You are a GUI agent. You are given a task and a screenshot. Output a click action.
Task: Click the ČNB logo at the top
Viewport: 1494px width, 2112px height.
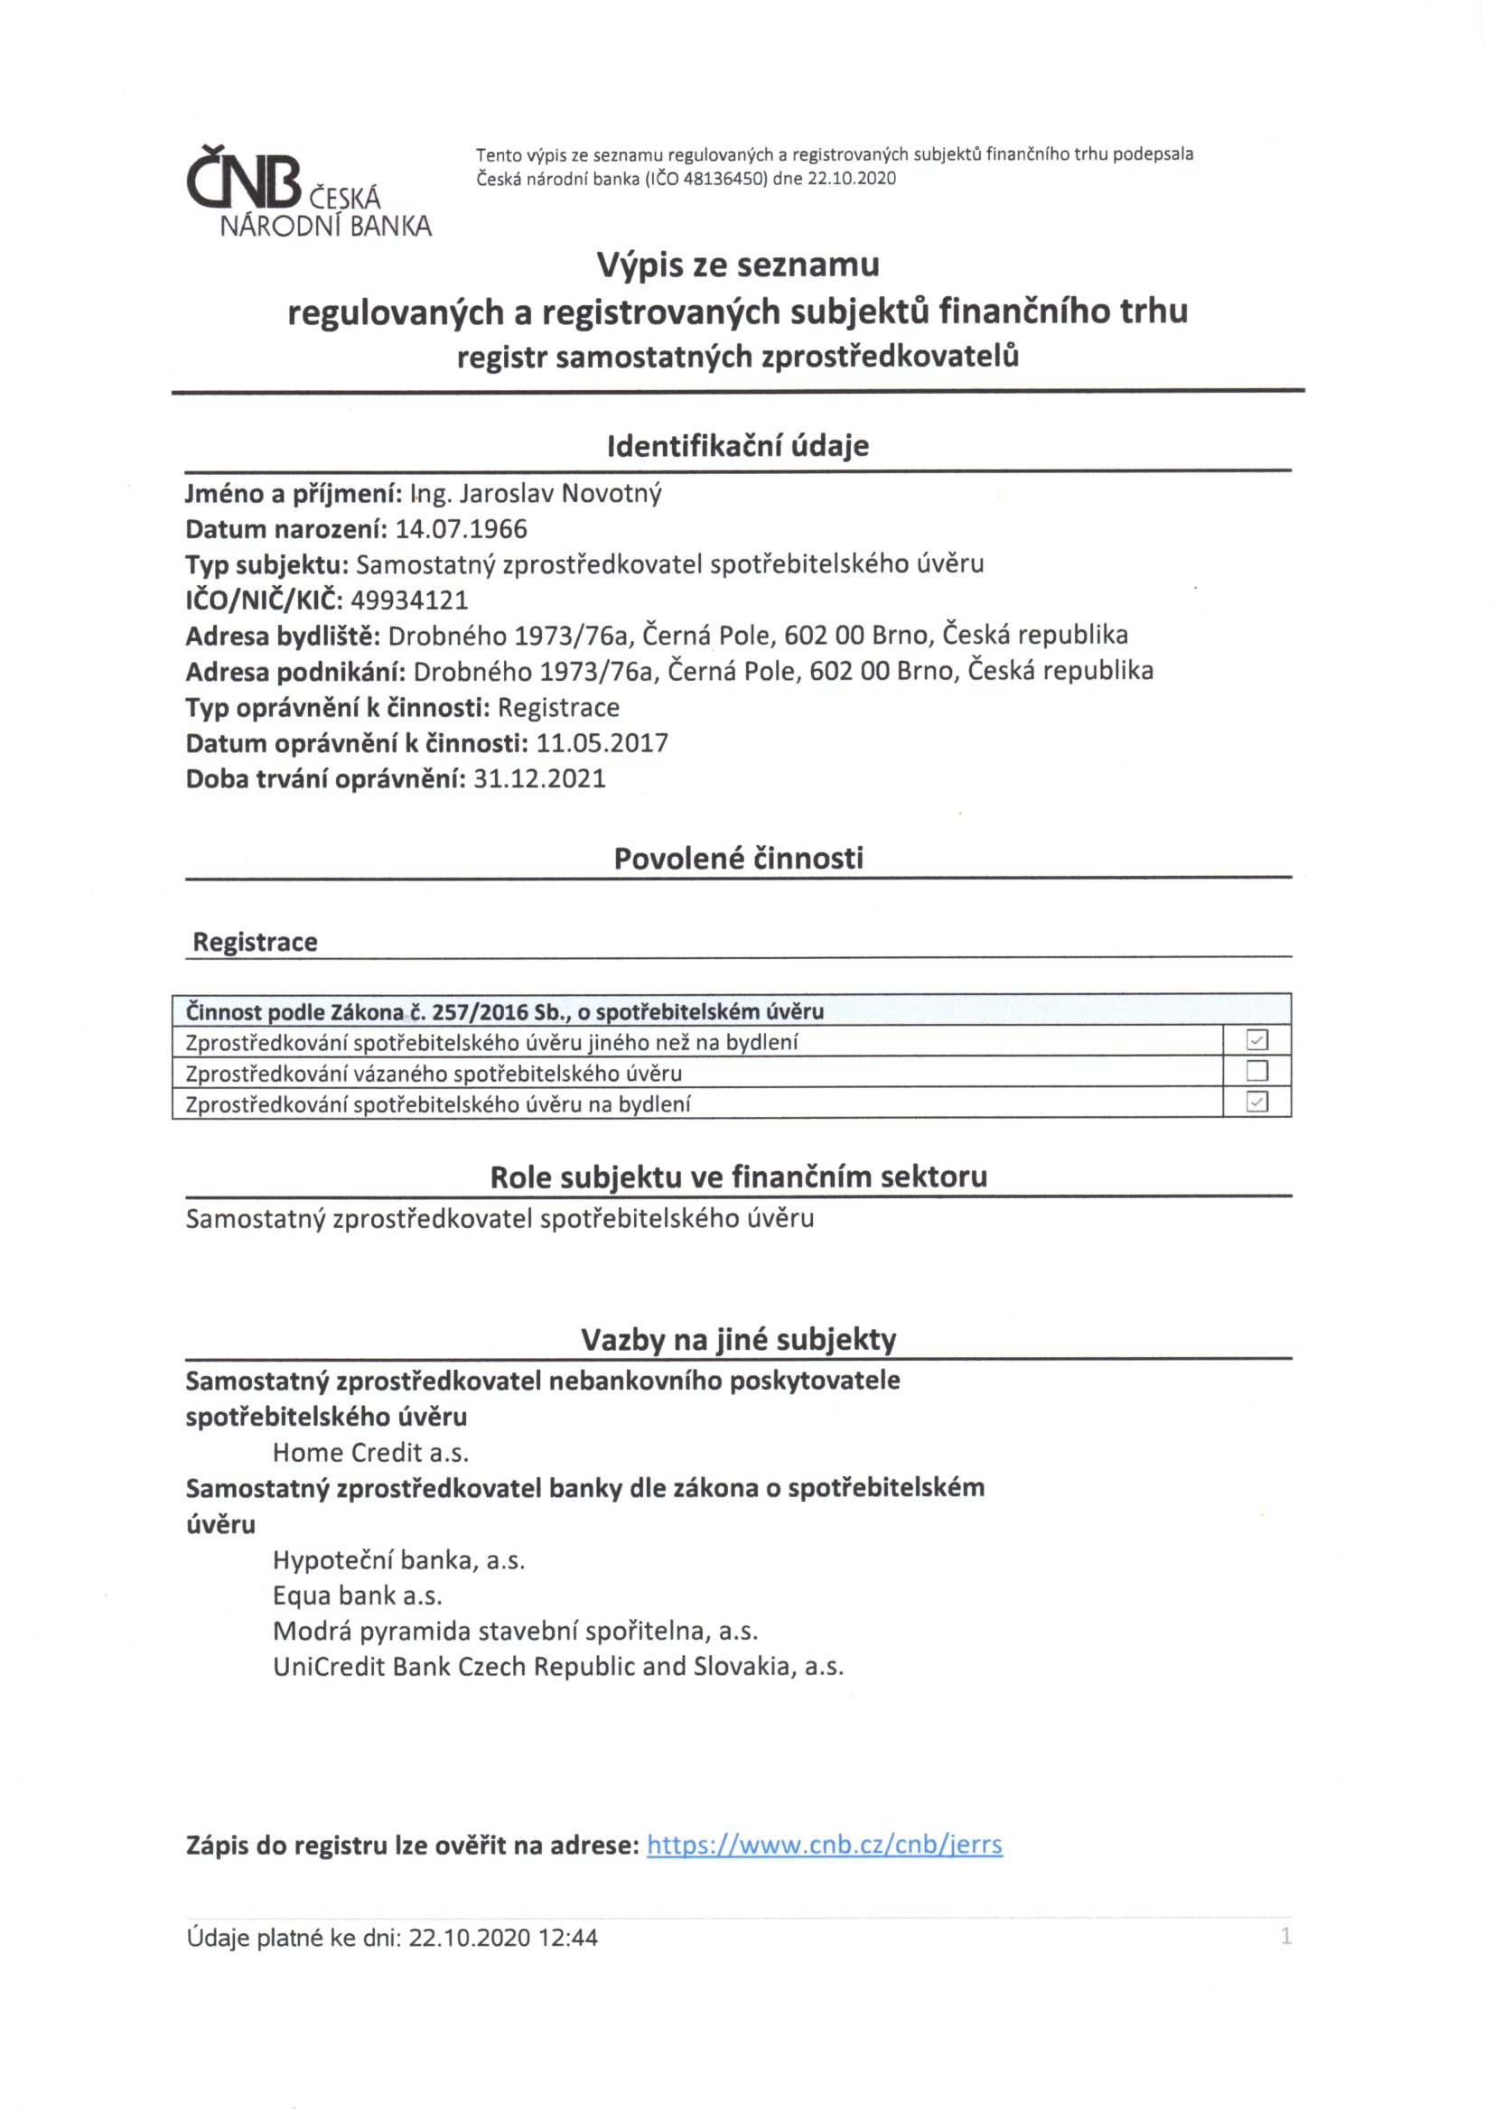coord(308,194)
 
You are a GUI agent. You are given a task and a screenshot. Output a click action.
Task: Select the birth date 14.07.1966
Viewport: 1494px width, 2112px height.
coord(461,530)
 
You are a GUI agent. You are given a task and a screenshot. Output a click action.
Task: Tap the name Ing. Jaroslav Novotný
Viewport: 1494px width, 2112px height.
coord(536,494)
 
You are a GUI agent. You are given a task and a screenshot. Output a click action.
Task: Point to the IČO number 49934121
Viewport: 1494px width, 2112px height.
coord(409,600)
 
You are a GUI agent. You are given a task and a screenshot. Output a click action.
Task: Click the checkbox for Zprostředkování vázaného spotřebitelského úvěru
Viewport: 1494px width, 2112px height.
coord(1256,1071)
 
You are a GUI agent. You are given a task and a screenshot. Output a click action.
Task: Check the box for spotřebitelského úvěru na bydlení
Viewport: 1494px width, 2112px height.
coord(1256,1102)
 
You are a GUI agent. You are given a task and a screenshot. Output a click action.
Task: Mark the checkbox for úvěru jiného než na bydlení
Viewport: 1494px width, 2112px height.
coord(1256,1040)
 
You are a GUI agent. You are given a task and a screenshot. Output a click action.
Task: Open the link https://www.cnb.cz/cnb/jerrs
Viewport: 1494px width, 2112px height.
coord(825,1846)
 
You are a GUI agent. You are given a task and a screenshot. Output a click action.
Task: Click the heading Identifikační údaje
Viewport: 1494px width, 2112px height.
coord(738,446)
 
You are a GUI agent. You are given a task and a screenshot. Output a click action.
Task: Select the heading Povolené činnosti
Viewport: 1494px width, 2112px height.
coord(739,858)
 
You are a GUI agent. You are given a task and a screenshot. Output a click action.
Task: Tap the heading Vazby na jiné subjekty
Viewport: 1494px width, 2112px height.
coord(739,1339)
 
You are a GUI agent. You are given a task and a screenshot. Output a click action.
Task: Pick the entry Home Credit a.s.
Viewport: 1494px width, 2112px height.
coord(370,1453)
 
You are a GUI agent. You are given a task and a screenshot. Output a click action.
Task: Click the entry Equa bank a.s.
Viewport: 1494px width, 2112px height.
coord(357,1595)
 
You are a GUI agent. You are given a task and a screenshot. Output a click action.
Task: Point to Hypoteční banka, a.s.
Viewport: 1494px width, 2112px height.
coord(398,1560)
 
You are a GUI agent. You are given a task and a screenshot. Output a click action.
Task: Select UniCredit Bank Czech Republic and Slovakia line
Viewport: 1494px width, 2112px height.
coord(557,1667)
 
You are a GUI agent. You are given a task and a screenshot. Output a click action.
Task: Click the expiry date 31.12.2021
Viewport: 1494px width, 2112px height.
coord(539,779)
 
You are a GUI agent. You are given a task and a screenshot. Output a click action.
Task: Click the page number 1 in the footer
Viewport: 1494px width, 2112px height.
coord(1286,1937)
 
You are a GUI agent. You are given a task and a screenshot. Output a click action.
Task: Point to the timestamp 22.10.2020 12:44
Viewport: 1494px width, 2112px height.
coord(503,1938)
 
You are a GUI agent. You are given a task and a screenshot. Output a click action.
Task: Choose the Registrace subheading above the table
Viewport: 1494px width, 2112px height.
coord(255,942)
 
